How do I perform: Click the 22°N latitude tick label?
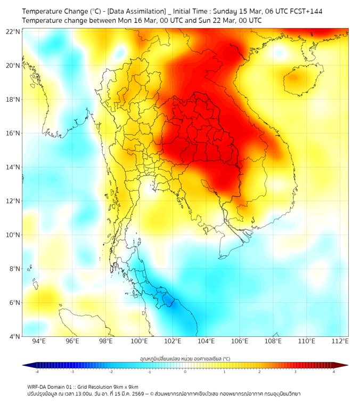pyautogui.click(x=13, y=32)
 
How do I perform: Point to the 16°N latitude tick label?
pyautogui.click(x=13, y=133)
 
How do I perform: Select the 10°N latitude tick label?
pyautogui.click(x=13, y=235)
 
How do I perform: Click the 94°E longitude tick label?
pyautogui.click(x=39, y=342)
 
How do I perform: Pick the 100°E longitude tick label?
pyautogui.click(x=139, y=342)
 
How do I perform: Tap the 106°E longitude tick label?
pyautogui.click(x=240, y=342)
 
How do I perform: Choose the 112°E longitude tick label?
pyautogui.click(x=340, y=342)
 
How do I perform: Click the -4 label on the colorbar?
pyautogui.click(x=37, y=372)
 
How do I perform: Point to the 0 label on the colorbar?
pyautogui.click(x=185, y=372)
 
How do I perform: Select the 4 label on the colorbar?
pyautogui.click(x=333, y=372)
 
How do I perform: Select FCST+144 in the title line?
pyautogui.click(x=306, y=11)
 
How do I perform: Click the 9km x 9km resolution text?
pyautogui.click(x=124, y=386)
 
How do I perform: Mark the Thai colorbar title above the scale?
pyautogui.click(x=185, y=359)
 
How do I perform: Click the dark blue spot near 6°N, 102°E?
pyautogui.click(x=169, y=302)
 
